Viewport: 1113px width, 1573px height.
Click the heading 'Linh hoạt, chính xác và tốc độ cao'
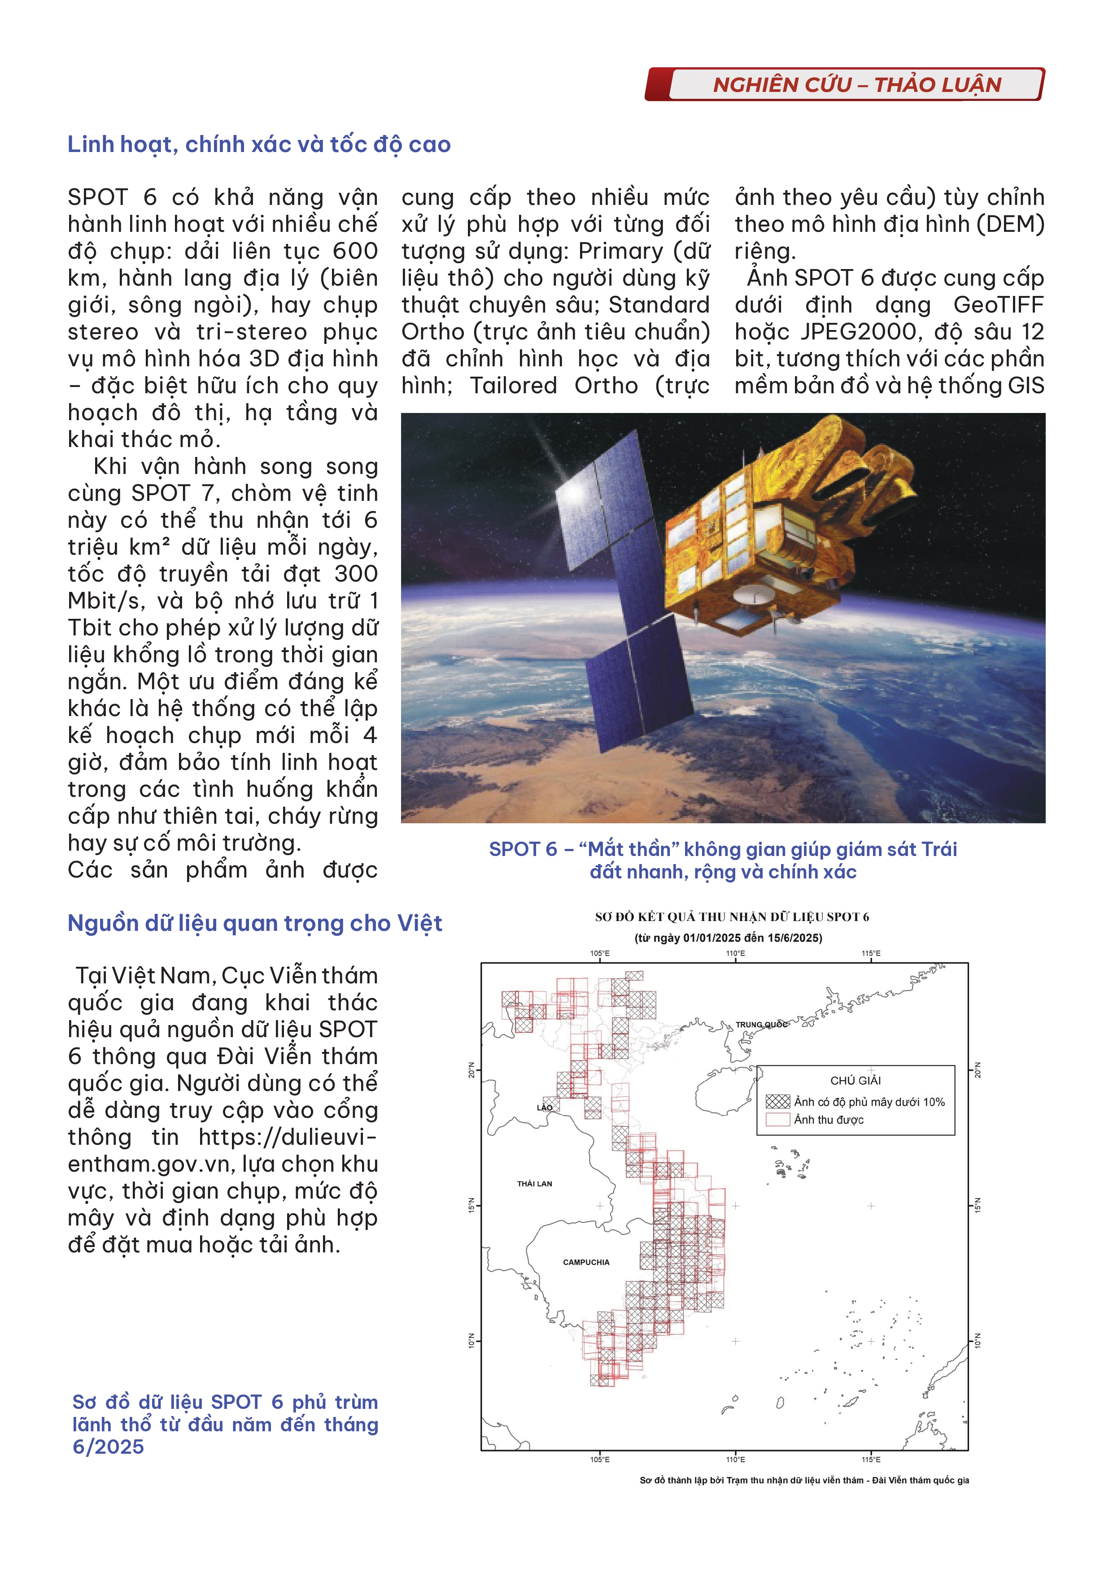[259, 144]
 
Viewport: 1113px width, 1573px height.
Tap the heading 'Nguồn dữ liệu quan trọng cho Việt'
[254, 924]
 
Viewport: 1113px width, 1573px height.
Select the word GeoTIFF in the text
[999, 305]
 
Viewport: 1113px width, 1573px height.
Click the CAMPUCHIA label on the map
[586, 1262]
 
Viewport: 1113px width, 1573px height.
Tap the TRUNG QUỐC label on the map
[761, 1025]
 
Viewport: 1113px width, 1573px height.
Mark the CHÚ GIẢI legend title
[855, 1080]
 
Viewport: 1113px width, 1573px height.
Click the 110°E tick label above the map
[735, 953]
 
